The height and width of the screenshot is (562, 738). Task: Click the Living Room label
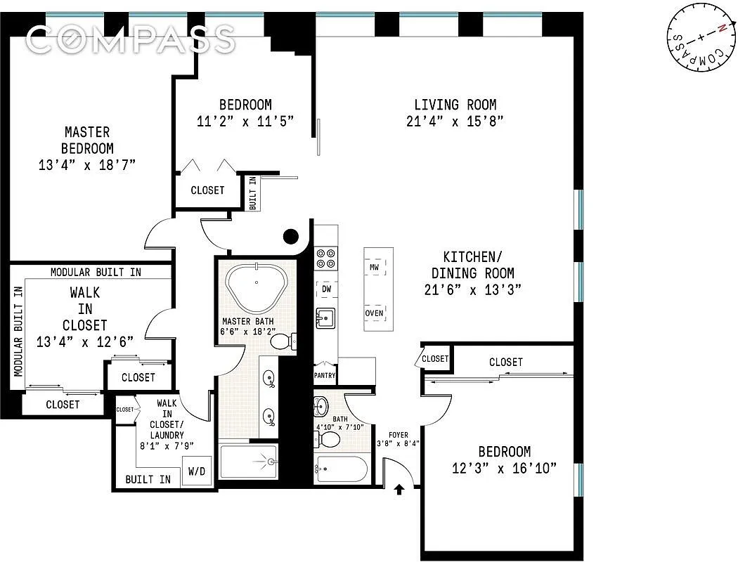coord(455,105)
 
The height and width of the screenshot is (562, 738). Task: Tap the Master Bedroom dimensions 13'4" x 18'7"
coord(86,165)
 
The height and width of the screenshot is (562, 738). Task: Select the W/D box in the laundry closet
coord(196,471)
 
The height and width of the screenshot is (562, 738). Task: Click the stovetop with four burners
coord(325,259)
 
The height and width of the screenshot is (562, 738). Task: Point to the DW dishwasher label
coord(326,289)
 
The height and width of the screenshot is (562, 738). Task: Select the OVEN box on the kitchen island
coord(375,313)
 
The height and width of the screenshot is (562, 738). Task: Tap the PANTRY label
coord(325,375)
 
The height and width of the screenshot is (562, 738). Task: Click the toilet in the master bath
coord(283,342)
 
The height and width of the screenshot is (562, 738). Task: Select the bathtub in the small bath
coord(340,469)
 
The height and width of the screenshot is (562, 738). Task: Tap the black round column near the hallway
coord(290,237)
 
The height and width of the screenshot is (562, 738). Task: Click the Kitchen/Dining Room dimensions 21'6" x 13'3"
coord(472,289)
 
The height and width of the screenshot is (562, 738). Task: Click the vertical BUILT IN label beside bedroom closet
coord(252,192)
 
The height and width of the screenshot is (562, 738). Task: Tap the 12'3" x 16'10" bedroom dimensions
coord(505,468)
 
